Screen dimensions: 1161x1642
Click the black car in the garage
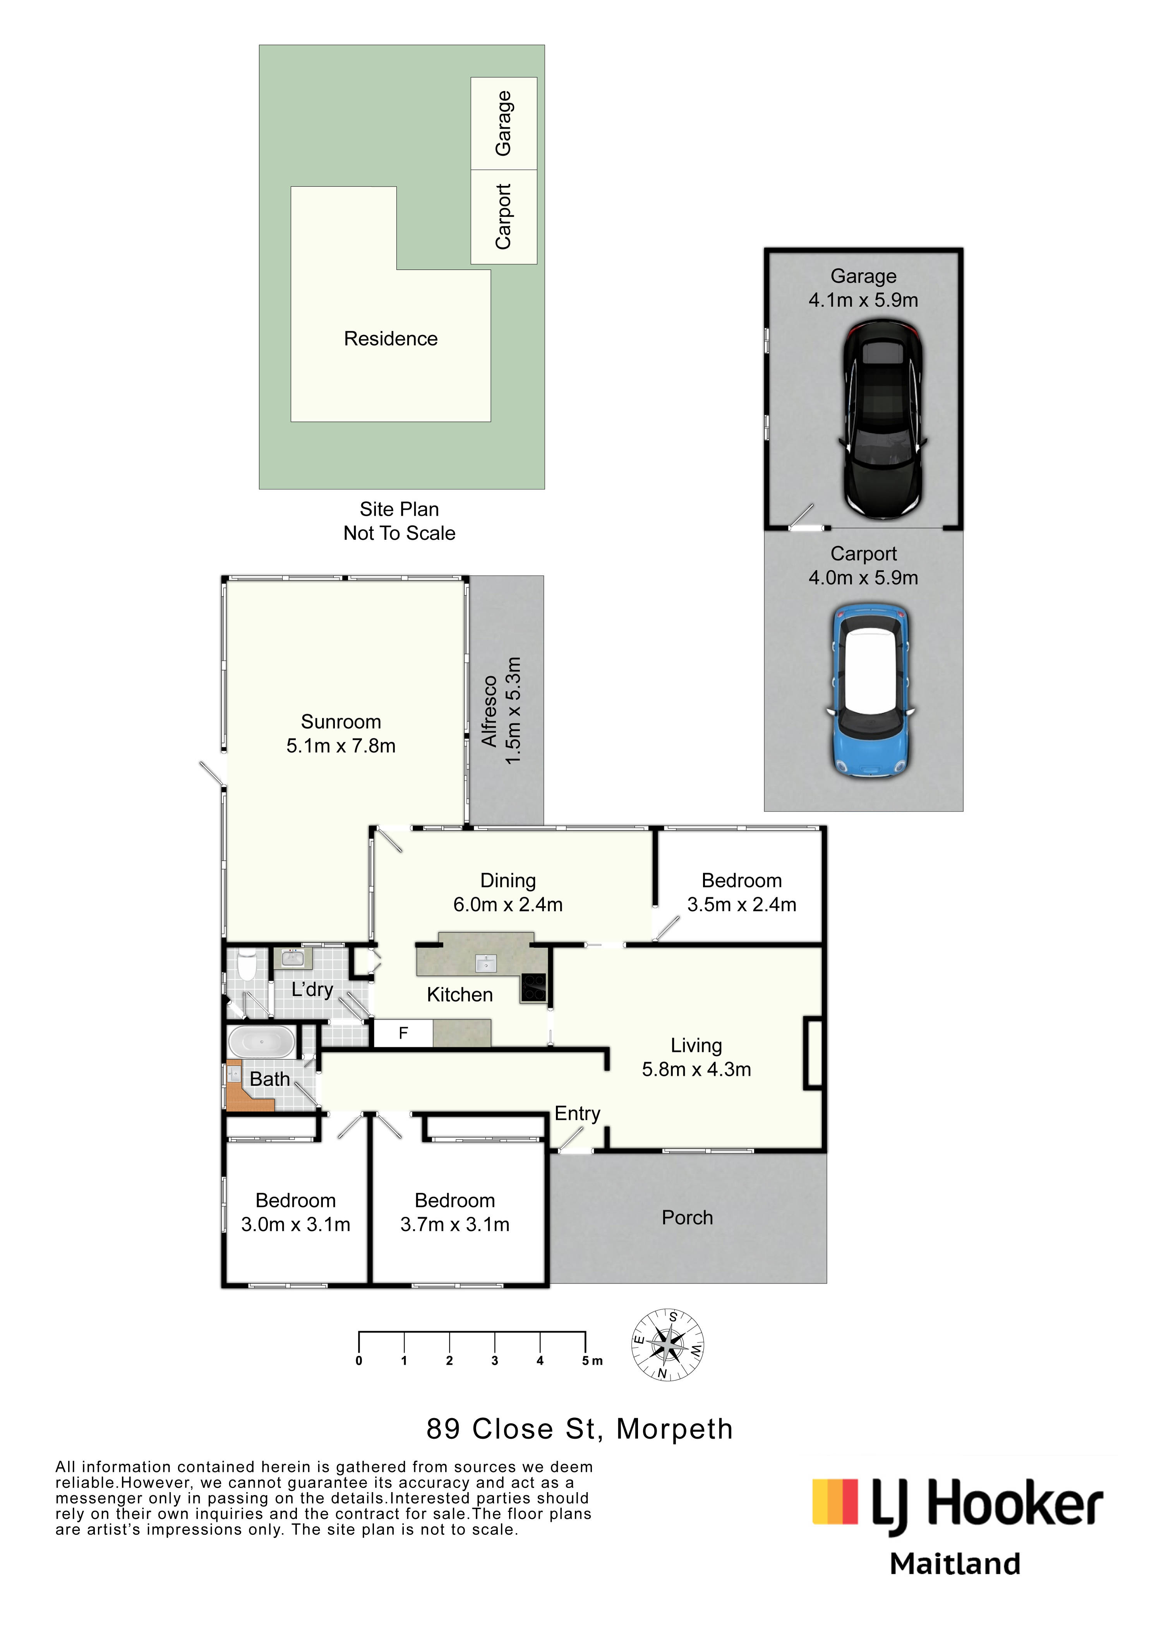pos(883,419)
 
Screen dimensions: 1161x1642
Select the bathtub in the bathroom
pos(261,1042)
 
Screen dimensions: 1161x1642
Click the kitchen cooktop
pos(533,988)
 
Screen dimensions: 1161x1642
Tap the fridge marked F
pos(403,1033)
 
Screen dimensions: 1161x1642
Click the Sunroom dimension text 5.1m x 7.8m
pos(341,746)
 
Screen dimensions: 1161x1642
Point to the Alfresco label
pos(489,712)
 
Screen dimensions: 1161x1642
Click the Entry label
pos(578,1114)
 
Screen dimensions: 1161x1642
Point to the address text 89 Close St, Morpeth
pos(580,1429)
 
